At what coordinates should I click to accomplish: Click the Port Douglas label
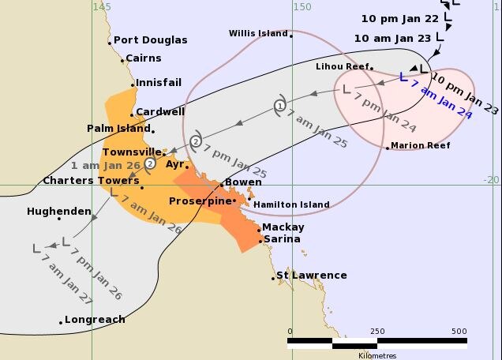150,40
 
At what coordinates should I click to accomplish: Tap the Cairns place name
143,58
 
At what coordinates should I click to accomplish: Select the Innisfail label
158,82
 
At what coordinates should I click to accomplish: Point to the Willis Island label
256,33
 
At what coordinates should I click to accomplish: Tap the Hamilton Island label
291,204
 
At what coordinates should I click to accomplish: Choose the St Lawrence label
312,276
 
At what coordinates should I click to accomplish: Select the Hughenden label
58,212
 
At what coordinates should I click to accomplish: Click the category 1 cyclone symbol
279,106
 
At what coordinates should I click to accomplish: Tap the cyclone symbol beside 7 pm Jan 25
196,141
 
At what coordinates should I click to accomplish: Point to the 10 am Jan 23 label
392,38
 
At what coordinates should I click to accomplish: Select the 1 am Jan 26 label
105,166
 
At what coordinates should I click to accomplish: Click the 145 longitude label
101,6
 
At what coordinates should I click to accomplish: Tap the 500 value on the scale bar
459,332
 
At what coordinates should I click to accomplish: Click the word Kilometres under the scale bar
377,355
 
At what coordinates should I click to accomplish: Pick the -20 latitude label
492,179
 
